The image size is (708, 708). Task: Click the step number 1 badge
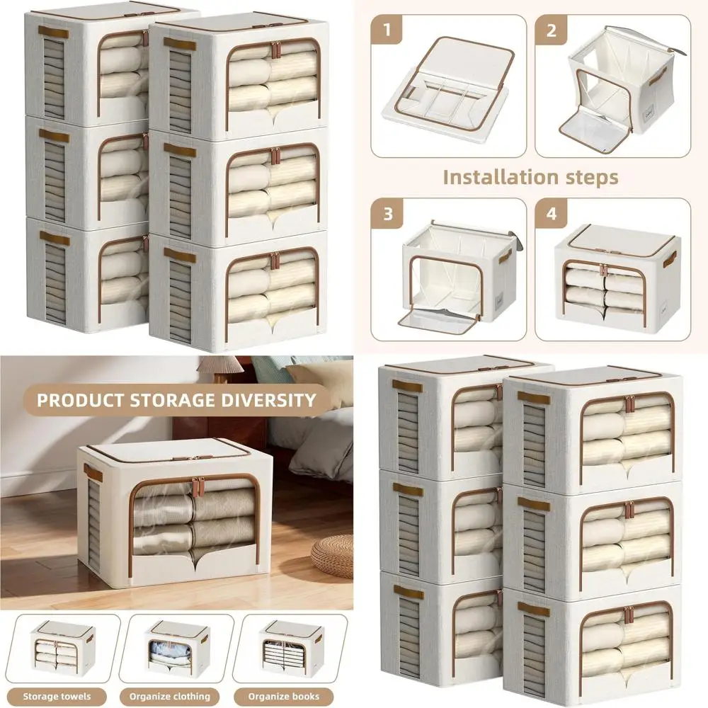coord(386,30)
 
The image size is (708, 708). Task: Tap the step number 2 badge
coord(550,30)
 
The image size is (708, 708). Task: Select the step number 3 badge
coord(387,214)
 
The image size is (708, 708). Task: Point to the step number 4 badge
coord(552,214)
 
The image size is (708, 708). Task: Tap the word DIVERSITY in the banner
coord(268,400)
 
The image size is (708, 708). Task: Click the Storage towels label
coord(57,696)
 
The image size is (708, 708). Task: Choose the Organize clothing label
coord(170,696)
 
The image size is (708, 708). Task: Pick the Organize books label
coord(284,696)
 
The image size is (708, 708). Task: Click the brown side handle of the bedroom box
coord(93,473)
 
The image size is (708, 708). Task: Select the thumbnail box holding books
coord(292,648)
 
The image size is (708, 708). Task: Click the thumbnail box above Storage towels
coord(63,648)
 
